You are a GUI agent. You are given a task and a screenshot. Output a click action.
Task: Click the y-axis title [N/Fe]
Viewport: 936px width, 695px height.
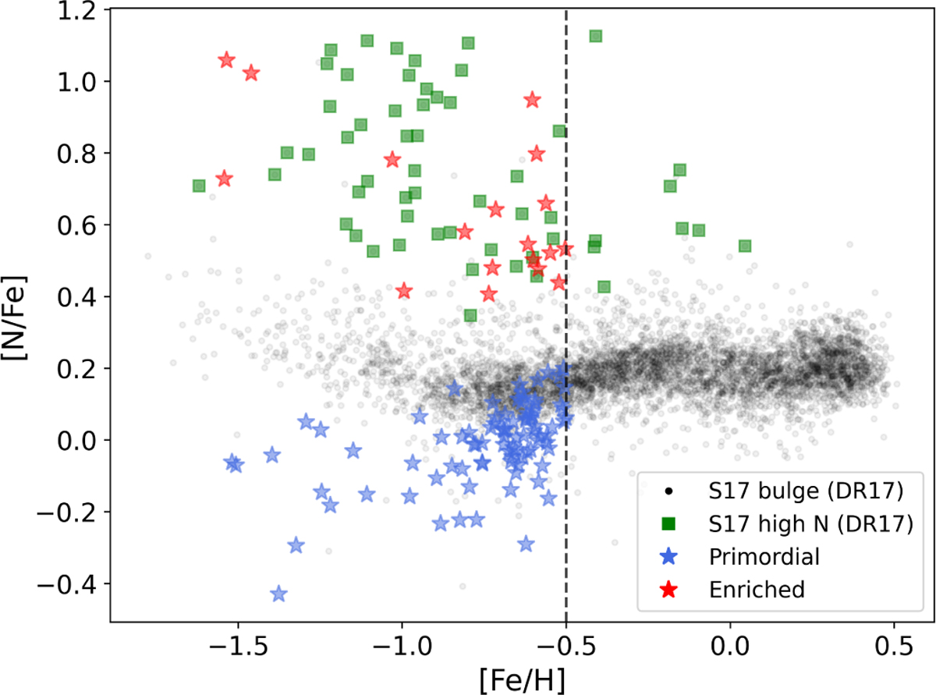tap(15, 317)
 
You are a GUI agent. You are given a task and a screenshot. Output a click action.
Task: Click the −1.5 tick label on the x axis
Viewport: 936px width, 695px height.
tap(239, 647)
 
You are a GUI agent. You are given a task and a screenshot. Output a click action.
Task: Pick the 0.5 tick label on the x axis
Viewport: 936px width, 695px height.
tap(894, 647)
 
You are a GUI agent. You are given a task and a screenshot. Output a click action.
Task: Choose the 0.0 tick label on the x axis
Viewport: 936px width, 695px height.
tap(730, 647)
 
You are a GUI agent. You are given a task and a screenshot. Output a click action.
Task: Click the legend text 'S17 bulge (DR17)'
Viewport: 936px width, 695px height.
tap(806, 491)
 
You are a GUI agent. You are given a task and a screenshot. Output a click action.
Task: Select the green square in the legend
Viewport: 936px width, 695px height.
tap(669, 523)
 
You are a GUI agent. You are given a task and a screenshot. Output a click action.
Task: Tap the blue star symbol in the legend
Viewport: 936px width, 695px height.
tap(669, 557)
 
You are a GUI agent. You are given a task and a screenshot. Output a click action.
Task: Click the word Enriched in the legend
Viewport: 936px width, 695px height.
tap(757, 590)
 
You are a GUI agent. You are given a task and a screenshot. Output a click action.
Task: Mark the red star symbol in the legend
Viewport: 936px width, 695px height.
tap(669, 590)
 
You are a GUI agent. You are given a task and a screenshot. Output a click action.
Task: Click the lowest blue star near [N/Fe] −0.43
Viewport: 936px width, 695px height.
tap(278, 594)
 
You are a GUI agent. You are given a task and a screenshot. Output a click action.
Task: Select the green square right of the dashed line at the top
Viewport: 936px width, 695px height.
tap(595, 37)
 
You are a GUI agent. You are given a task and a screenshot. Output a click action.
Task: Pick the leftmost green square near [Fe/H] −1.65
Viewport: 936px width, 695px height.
tap(199, 186)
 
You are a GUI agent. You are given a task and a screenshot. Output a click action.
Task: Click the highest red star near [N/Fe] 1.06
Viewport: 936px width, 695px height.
tap(227, 60)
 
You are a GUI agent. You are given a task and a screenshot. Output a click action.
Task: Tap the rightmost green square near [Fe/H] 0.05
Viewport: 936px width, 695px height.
tap(745, 246)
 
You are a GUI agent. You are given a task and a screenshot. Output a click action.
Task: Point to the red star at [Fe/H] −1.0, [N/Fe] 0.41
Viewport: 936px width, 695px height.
tap(404, 291)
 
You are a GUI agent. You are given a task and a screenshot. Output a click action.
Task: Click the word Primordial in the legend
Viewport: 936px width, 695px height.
tap(764, 557)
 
